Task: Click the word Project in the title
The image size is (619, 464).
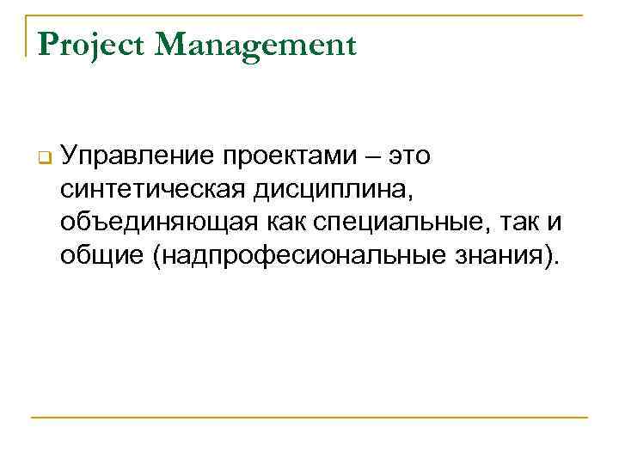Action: pyautogui.click(x=92, y=45)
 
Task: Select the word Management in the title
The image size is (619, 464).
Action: pyautogui.click(x=255, y=45)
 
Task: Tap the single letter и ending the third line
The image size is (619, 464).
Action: pyautogui.click(x=555, y=223)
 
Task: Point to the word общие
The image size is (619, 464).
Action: pyautogui.click(x=100, y=254)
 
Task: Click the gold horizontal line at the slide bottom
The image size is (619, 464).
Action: pyautogui.click(x=309, y=418)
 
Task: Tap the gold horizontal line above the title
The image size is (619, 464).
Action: pyautogui.click(x=309, y=15)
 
